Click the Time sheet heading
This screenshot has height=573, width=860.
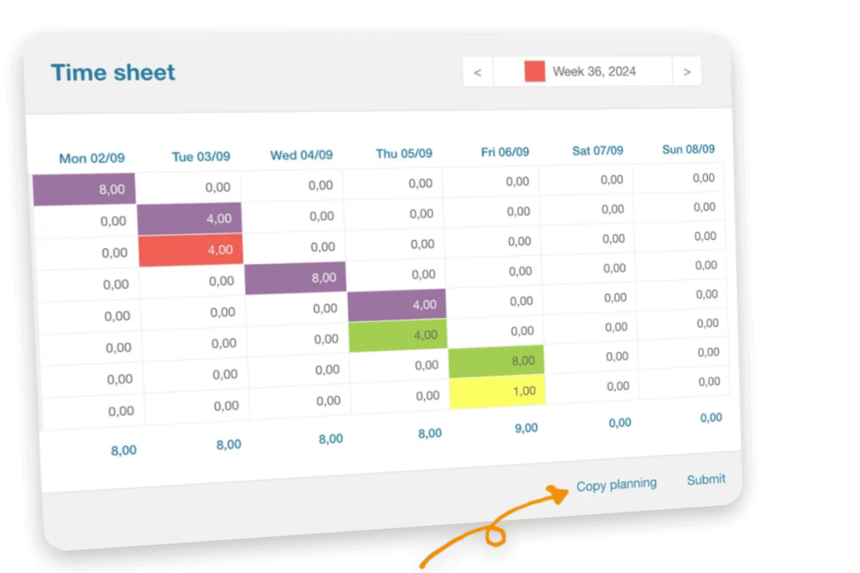pos(113,72)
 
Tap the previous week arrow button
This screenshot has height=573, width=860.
pos(478,72)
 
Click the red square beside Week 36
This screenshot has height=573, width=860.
pos(535,71)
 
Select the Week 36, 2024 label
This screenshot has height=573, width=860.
pos(594,71)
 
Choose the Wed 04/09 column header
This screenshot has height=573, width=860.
pos(302,155)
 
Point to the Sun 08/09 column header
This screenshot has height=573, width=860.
pos(689,149)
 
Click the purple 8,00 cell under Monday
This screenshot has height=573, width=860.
pos(84,190)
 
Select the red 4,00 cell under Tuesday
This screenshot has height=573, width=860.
pos(191,250)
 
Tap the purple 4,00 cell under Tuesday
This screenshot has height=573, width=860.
pos(190,219)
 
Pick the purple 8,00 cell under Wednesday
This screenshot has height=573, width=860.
pos(296,278)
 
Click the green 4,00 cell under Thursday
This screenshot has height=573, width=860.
pos(397,335)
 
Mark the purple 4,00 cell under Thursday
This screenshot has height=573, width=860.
pos(397,305)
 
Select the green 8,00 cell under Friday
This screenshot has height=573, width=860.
pos(496,361)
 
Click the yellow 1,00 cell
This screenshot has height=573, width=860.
pos(497,392)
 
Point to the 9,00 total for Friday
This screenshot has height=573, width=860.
pos(526,428)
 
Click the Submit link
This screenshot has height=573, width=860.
pos(705,480)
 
